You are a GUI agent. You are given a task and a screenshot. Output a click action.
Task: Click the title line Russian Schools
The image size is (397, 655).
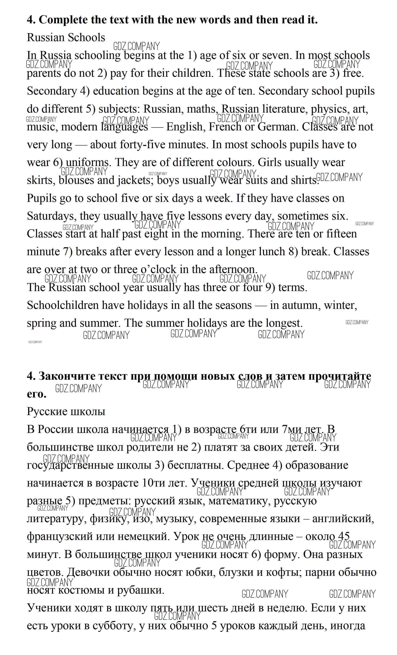[66, 37]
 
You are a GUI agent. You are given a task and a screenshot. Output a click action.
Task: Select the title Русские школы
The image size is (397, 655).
[66, 411]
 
